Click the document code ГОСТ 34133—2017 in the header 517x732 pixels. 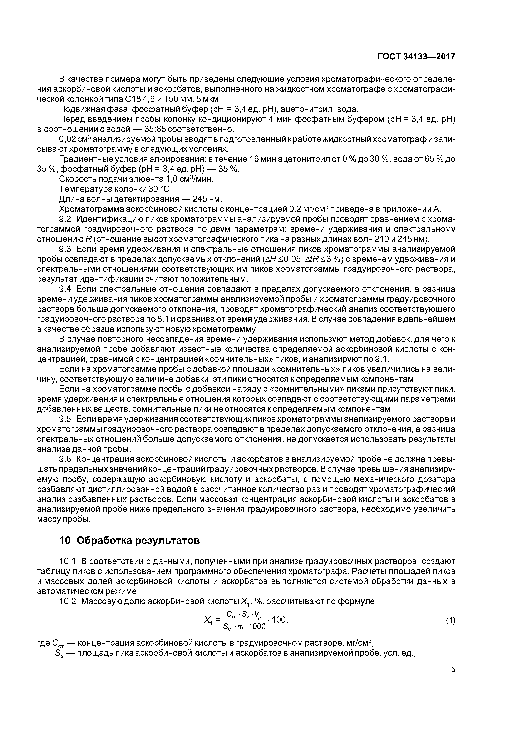[416, 57]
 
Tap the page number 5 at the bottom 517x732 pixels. [453, 670]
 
